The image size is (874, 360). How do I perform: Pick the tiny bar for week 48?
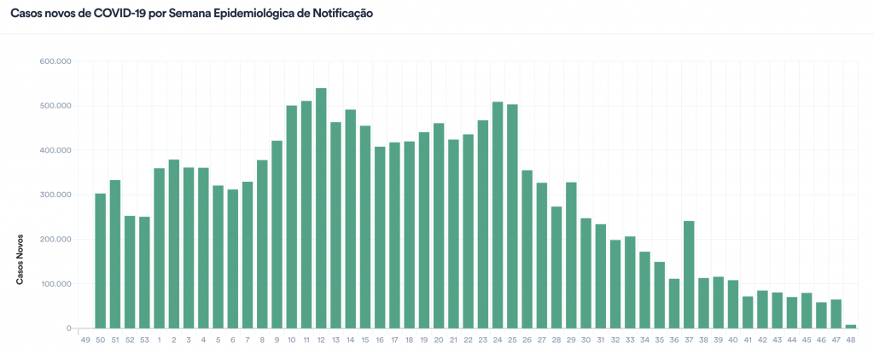851,326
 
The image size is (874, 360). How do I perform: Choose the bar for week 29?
571,255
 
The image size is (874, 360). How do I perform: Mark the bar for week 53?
144,272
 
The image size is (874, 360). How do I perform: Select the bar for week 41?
748,312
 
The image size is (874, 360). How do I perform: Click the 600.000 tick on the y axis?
55,61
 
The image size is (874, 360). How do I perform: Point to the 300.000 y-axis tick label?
55,195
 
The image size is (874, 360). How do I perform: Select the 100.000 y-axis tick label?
55,284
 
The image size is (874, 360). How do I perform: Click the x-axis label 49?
85,340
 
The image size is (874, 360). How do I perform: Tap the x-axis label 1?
159,340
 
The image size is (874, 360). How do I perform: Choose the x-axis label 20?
439,340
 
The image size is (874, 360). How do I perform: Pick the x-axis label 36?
674,340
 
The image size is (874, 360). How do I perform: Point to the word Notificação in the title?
337,15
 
